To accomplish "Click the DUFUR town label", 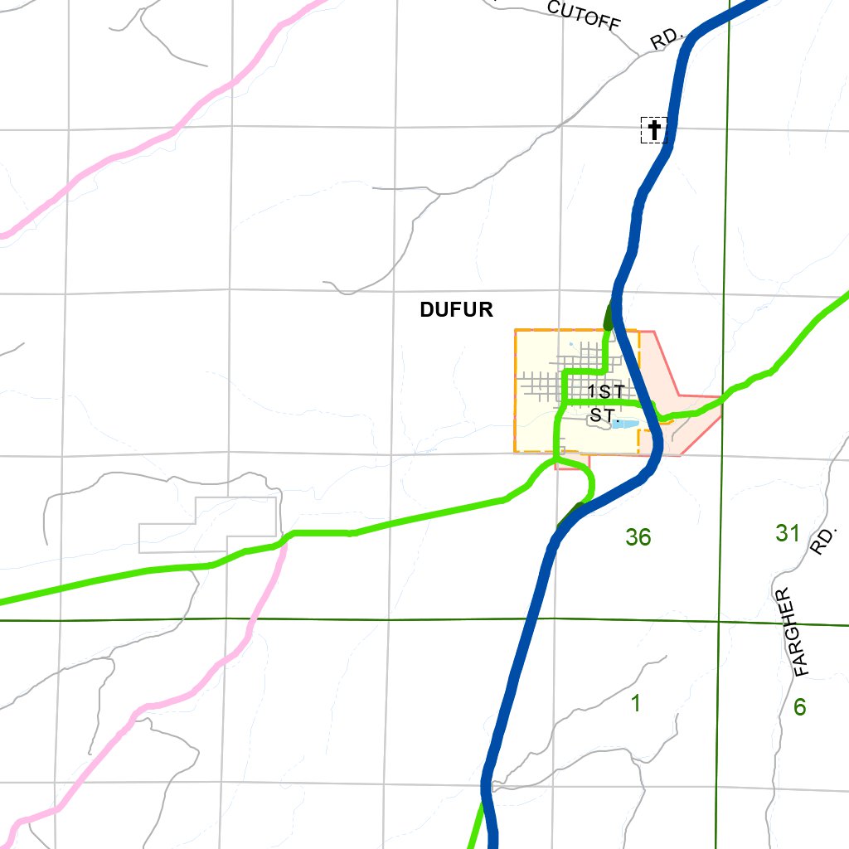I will click(456, 310).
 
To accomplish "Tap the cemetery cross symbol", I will click(654, 130).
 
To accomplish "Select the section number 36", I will click(638, 537).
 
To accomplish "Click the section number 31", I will click(788, 533).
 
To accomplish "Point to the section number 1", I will click(636, 705).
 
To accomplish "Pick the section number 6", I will click(799, 707).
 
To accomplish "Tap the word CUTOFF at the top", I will click(585, 14).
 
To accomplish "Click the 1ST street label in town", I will click(606, 391).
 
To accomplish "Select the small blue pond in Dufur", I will click(624, 424).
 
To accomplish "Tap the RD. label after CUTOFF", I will click(666, 40).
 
